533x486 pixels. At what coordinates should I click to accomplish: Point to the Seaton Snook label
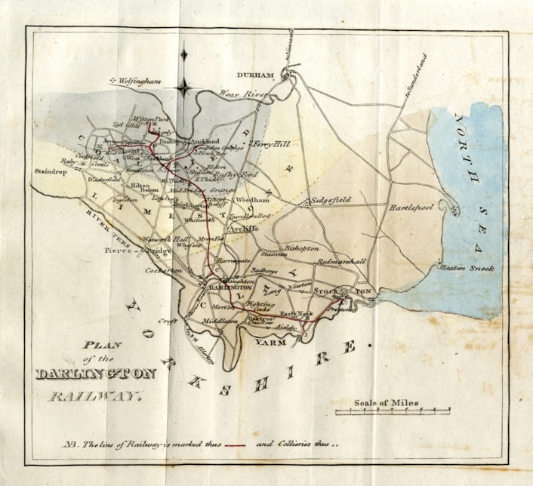467,268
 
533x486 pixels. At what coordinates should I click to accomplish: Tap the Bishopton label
301,248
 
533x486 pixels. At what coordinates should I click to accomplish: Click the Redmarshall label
342,261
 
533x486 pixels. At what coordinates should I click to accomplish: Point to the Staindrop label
51,171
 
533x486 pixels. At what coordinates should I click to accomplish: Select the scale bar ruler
393,413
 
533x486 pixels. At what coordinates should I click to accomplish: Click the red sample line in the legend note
235,444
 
